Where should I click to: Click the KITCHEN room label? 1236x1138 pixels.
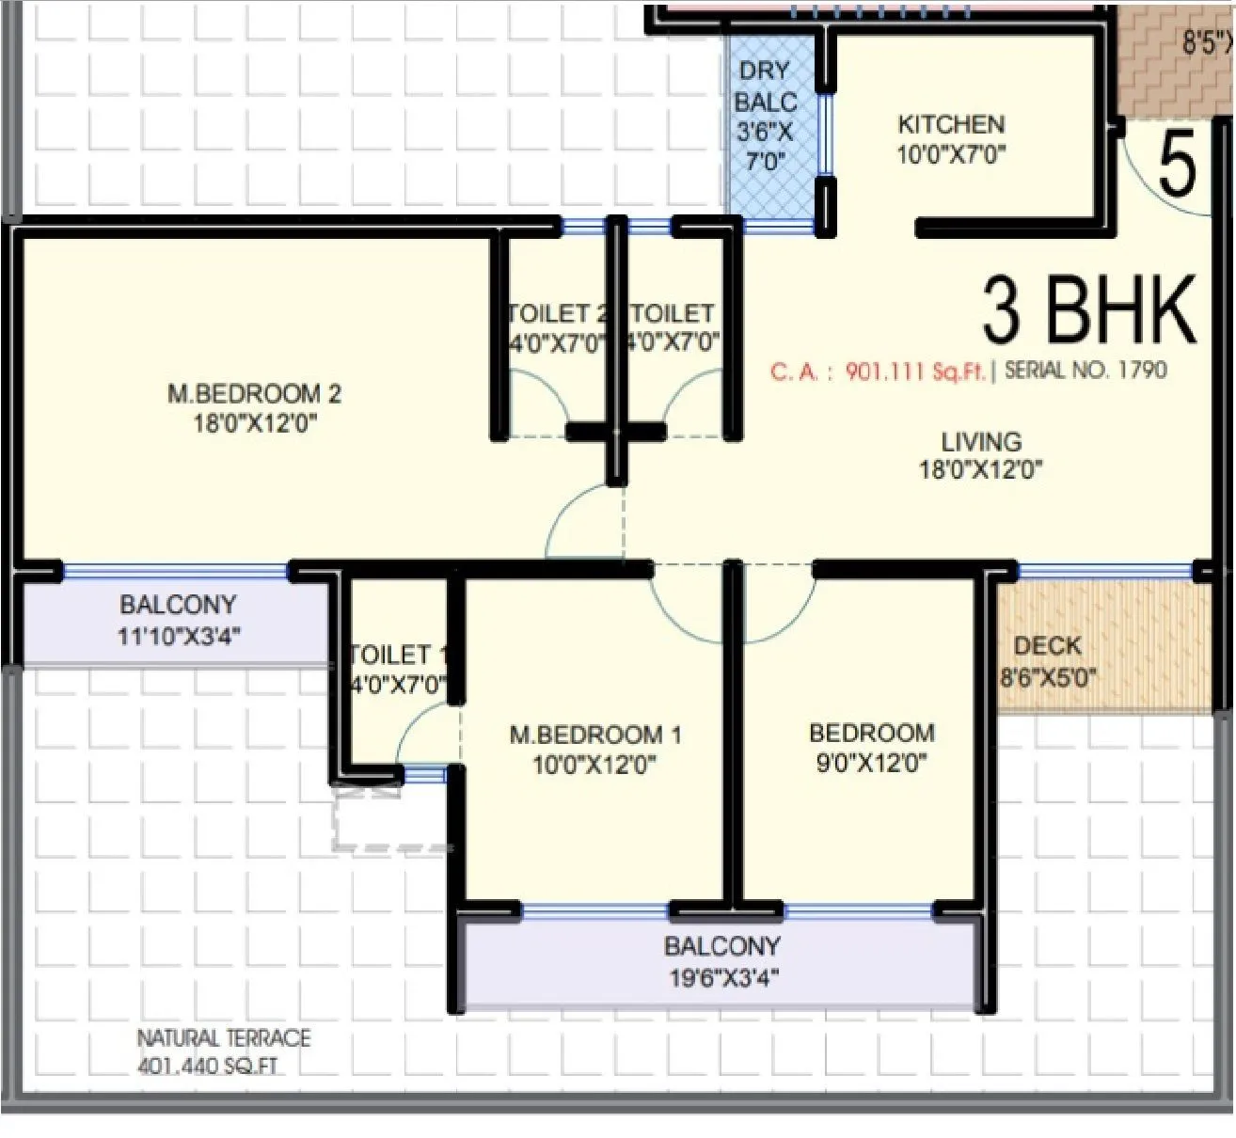951,124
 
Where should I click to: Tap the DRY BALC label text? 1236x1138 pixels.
765,87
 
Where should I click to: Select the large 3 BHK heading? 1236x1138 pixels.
1088,310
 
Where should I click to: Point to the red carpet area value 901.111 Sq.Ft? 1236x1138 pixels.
914,371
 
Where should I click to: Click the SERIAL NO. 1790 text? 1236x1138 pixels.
1085,370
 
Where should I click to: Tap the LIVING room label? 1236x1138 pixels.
981,441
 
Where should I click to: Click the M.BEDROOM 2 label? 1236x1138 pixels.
254,393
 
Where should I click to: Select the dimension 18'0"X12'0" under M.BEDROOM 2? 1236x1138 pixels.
254,423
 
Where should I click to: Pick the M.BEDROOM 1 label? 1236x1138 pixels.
594,735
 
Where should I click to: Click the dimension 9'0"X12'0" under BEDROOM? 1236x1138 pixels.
871,763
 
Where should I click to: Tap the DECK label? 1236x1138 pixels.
1047,646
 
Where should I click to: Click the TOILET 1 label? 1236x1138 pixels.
397,655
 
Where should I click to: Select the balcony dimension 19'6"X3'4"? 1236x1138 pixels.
722,978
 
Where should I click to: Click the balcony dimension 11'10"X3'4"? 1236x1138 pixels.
178,636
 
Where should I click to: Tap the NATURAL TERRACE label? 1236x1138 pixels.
223,1038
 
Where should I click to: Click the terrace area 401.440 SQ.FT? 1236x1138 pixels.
207,1067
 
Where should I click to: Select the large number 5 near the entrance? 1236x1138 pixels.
1176,164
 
